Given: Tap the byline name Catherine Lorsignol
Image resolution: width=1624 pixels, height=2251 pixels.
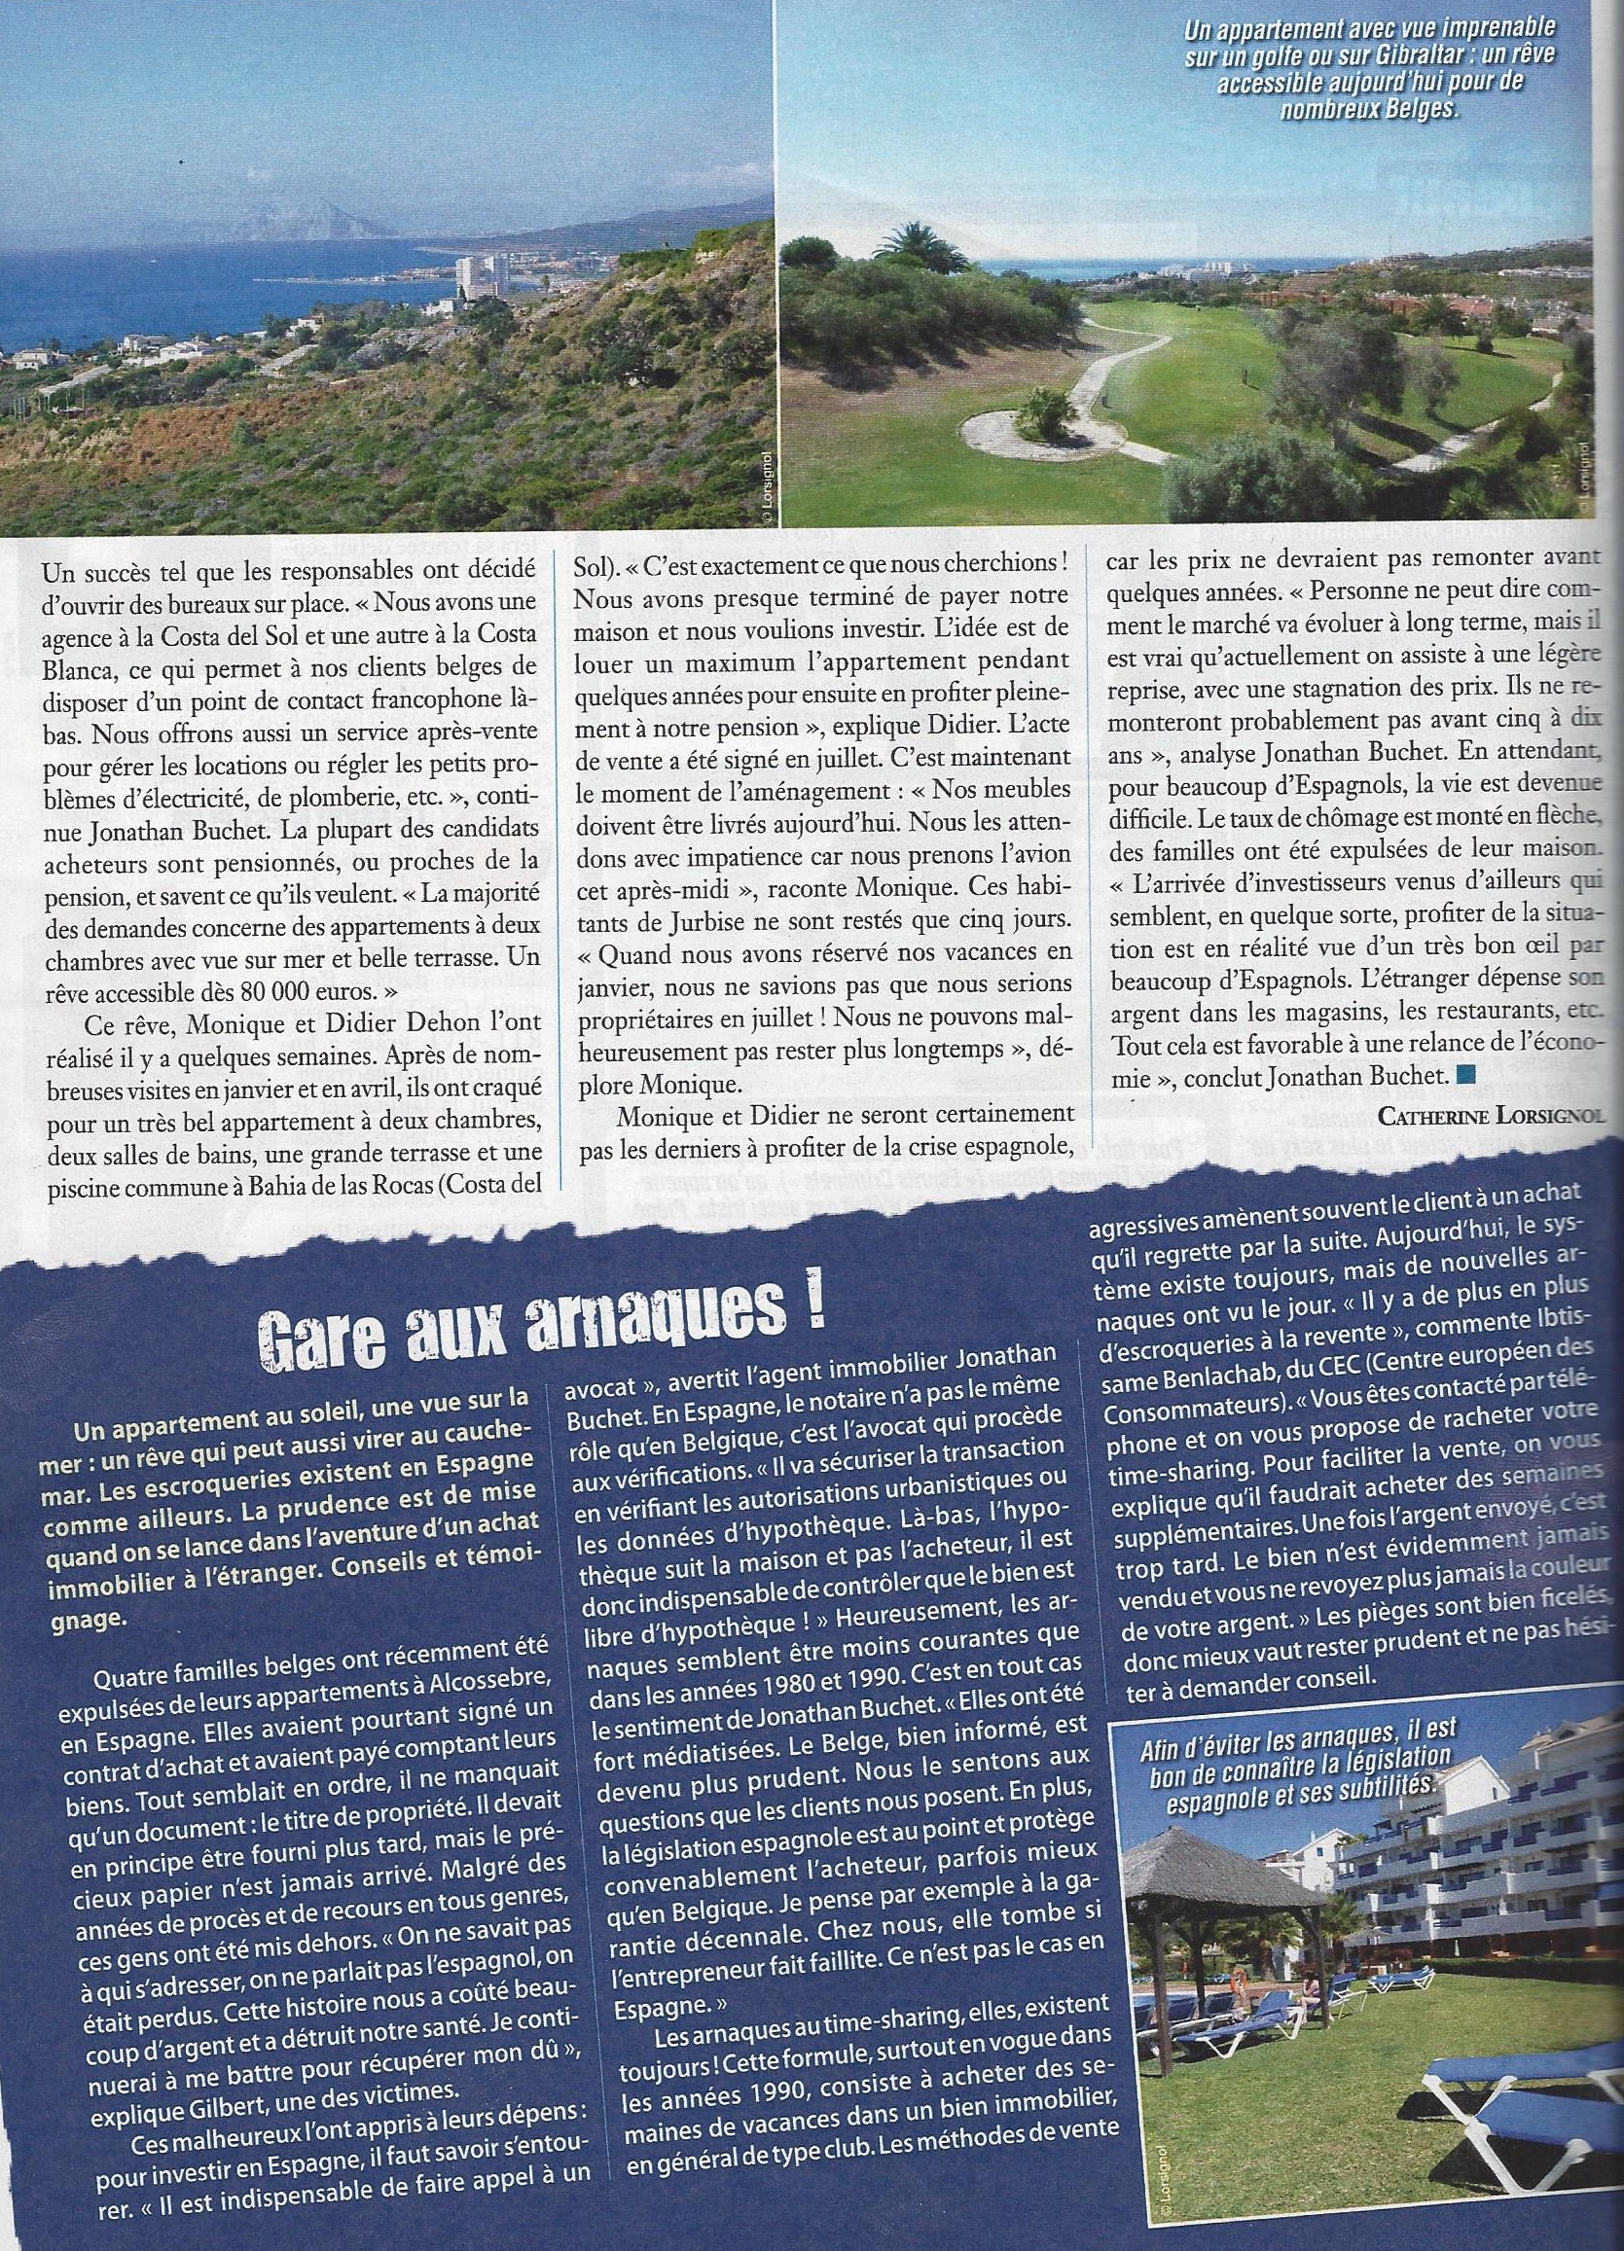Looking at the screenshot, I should (1490, 1117).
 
